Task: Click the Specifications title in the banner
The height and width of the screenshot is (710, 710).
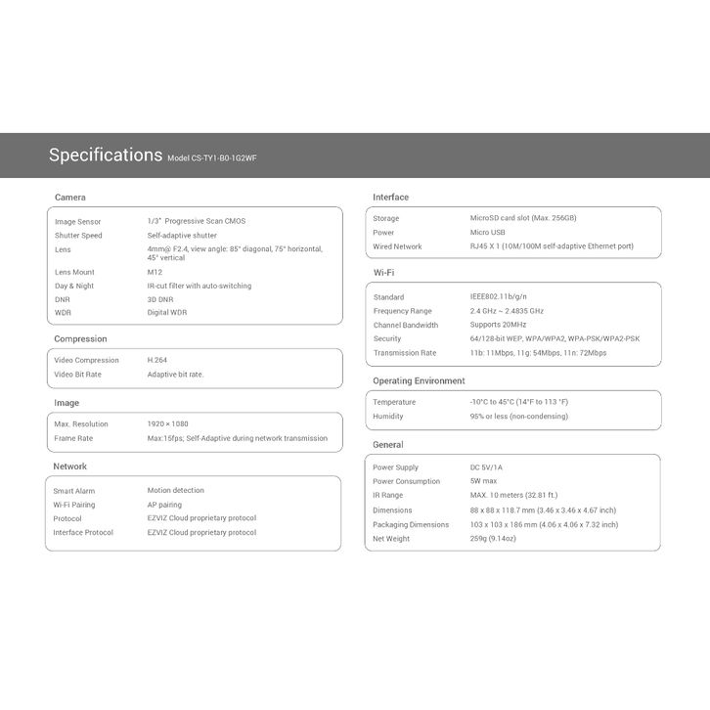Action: pos(106,155)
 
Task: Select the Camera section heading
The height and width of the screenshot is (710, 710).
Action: pos(70,198)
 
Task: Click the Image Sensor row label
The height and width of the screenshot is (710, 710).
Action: pos(78,222)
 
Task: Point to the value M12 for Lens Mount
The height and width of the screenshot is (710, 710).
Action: pos(155,272)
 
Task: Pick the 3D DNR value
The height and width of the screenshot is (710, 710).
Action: pos(160,299)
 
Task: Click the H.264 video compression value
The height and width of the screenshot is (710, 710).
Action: pos(157,360)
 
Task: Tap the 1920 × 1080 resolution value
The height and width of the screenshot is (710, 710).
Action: pos(168,424)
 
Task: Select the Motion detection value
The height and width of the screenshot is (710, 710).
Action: pos(176,491)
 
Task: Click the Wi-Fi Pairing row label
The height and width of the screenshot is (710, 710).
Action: pos(74,505)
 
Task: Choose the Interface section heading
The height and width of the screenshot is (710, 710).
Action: pos(391,198)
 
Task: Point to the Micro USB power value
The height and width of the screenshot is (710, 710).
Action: pos(488,233)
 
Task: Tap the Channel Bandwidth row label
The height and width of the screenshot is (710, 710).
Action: pos(406,325)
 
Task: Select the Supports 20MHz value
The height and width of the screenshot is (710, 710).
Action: pos(498,325)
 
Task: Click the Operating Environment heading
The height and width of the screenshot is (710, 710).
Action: pos(419,381)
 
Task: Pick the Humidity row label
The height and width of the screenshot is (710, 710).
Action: pos(388,417)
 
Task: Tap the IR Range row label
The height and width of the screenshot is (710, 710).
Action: pos(388,496)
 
